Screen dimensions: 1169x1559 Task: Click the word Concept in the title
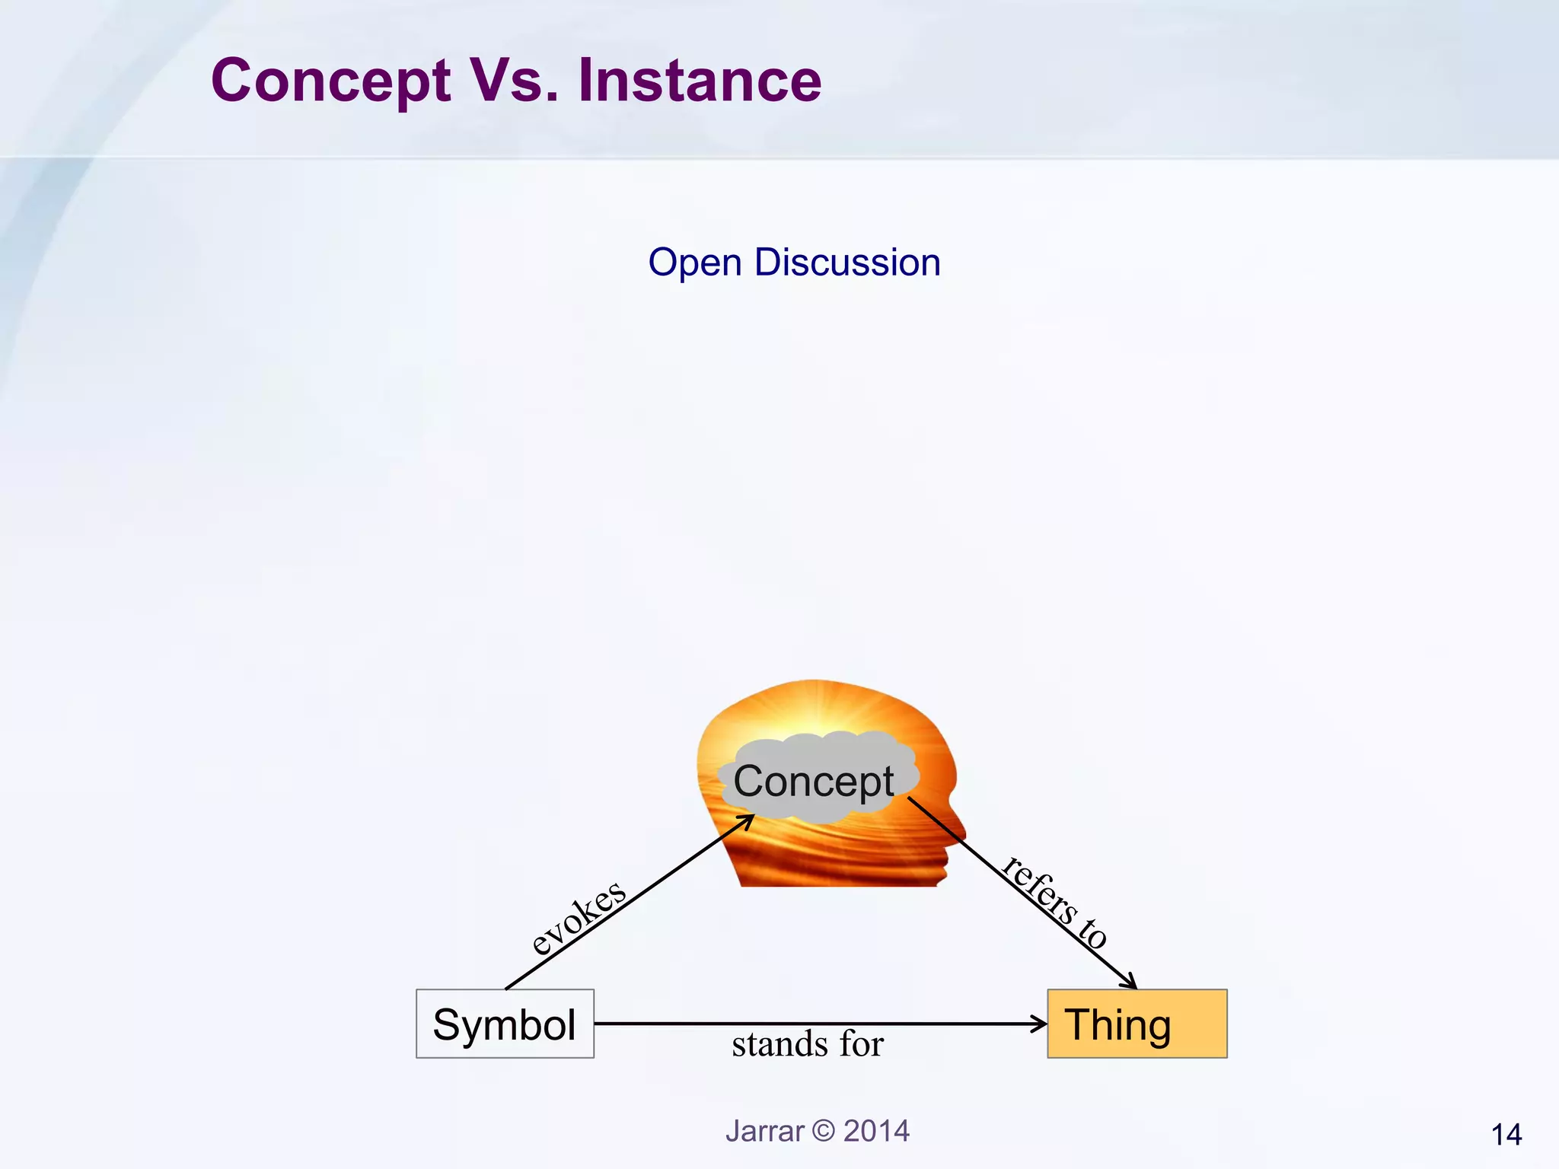click(x=330, y=81)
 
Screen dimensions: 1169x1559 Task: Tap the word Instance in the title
click(x=700, y=81)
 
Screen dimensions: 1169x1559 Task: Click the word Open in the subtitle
click(x=694, y=263)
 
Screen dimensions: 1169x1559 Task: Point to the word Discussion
click(x=847, y=263)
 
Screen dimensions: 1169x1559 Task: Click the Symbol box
click(x=505, y=1024)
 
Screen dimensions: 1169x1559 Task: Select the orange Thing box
click(x=1137, y=1024)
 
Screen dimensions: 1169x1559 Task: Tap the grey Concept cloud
click(x=815, y=781)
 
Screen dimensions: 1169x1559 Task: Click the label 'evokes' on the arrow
click(x=579, y=916)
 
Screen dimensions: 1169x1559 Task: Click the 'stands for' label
click(x=808, y=1044)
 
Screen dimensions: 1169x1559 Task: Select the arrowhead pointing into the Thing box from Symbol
click(x=1040, y=1024)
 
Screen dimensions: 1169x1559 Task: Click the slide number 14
click(x=1506, y=1135)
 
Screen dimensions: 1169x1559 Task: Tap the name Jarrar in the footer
click(x=764, y=1131)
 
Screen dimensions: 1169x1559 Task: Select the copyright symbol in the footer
click(x=823, y=1131)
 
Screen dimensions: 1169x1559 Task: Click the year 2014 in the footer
click(x=876, y=1131)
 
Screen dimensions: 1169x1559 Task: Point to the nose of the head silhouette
click(x=964, y=834)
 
